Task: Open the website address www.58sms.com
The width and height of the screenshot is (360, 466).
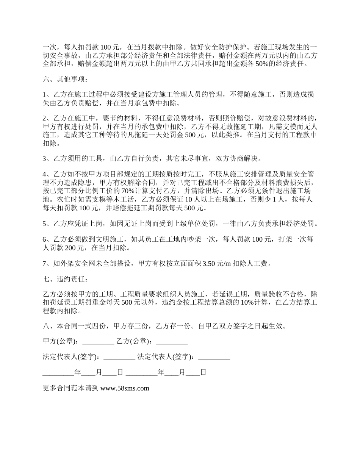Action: click(x=125, y=388)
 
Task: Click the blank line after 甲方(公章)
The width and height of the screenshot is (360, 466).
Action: click(x=98, y=341)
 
